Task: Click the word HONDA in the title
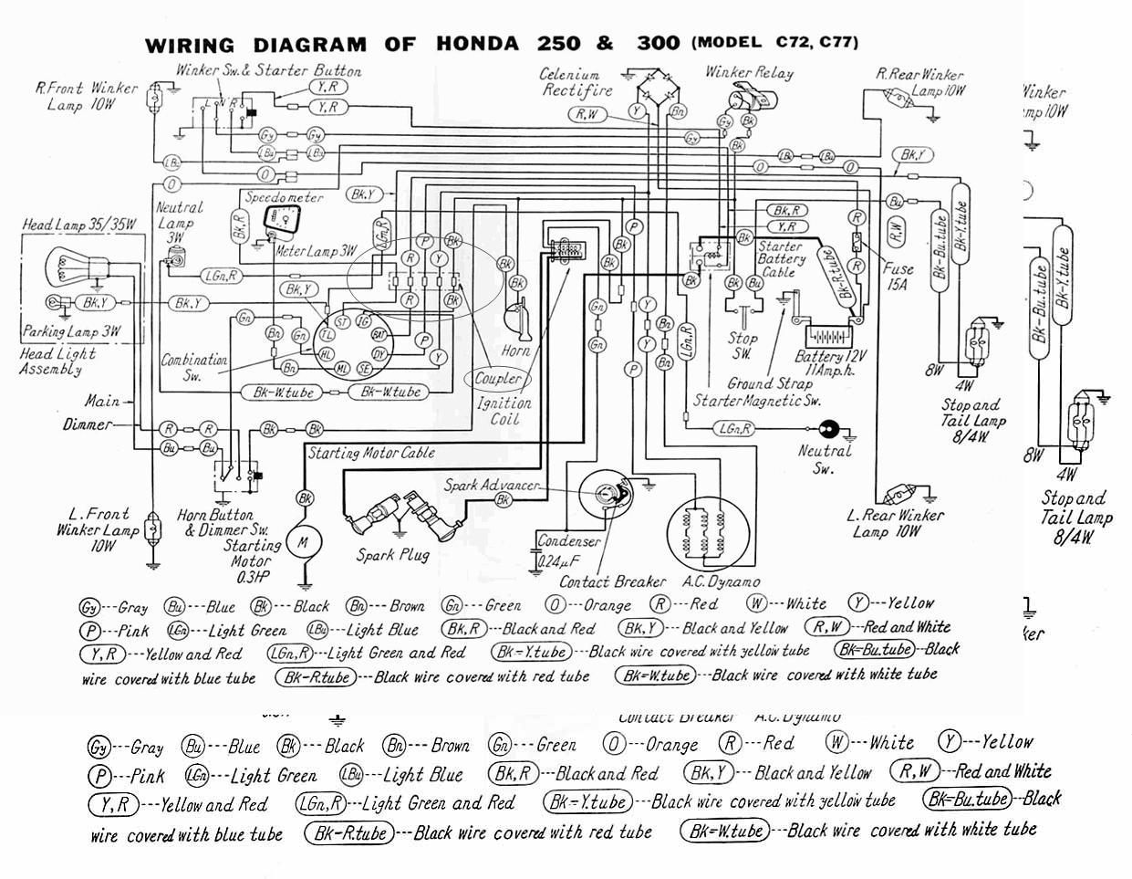[477, 44]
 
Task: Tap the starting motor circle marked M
[301, 542]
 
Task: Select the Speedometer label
[283, 197]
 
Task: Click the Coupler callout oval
[497, 378]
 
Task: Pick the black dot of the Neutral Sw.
[829, 427]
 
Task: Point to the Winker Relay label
[748, 72]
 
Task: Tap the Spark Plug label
[392, 554]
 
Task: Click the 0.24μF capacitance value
[558, 560]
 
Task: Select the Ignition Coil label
[504, 411]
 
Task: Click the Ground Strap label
[769, 384]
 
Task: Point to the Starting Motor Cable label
[371, 453]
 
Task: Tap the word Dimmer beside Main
[88, 424]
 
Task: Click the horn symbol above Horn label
[522, 319]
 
